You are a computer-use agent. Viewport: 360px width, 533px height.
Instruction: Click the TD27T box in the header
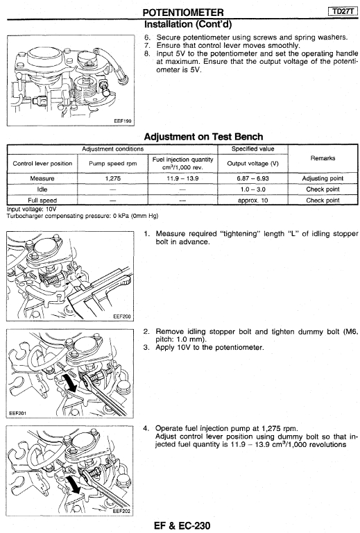pos(343,11)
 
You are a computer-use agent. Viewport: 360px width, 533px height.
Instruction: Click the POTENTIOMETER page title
pos(183,12)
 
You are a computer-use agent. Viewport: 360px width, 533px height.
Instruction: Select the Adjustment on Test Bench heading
pos(203,137)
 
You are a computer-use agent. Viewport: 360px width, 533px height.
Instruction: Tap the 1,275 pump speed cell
pos(113,178)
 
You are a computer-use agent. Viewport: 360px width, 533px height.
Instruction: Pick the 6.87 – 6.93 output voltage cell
pos(252,178)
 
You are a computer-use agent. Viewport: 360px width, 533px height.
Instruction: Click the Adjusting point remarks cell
pos(323,178)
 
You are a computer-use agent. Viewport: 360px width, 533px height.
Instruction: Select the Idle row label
pos(42,189)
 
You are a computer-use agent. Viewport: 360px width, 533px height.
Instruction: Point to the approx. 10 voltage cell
pos(252,201)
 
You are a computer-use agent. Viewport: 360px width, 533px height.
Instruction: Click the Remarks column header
pos(323,158)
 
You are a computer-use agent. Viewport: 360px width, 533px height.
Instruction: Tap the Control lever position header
pos(42,164)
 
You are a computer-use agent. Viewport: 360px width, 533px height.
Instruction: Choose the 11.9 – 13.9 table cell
pos(182,178)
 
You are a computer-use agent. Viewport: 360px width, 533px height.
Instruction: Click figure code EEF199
pos(123,121)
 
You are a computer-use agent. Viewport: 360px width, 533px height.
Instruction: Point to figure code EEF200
pos(122,316)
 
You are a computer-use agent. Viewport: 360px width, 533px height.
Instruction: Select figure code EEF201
pos(17,414)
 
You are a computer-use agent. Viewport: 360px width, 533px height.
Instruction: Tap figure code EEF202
pos(121,511)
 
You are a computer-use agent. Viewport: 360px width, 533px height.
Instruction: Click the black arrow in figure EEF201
pos(69,382)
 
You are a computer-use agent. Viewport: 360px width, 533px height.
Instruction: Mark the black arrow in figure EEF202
pos(74,484)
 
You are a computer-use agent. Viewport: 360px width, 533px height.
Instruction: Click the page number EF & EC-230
pos(182,525)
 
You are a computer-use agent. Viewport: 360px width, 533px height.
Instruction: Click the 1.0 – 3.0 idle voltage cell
pos(252,189)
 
